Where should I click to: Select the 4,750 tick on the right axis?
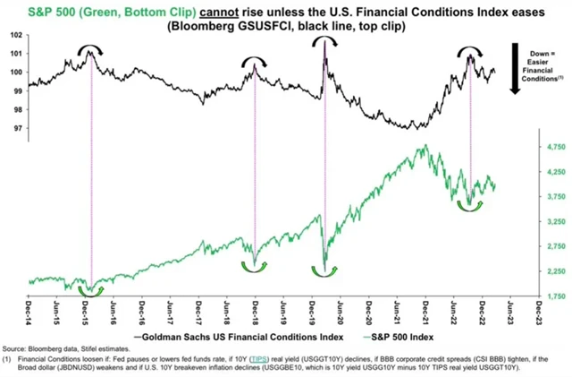532,145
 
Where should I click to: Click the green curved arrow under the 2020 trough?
323,270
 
